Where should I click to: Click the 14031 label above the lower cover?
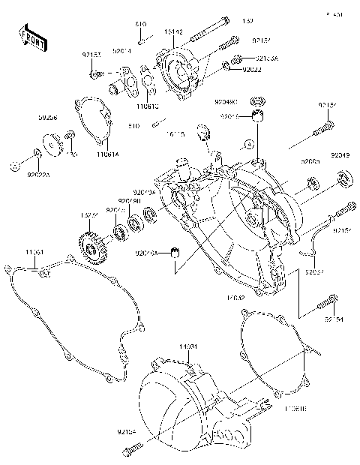[187, 346]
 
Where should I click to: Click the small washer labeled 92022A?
[36, 155]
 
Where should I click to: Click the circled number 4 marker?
[245, 143]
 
